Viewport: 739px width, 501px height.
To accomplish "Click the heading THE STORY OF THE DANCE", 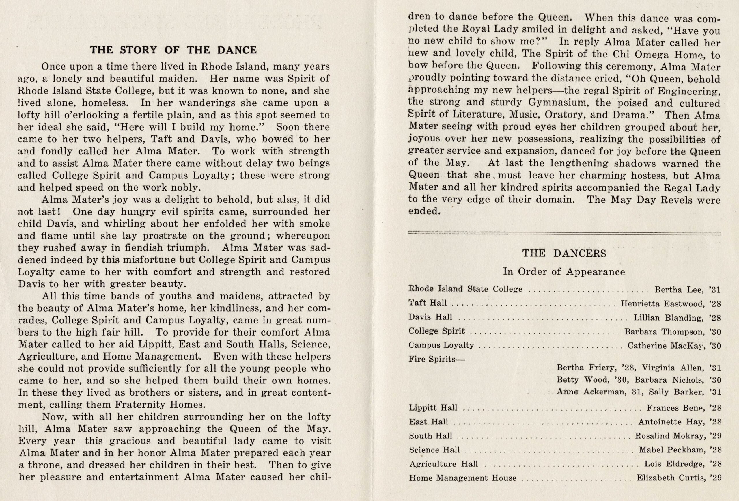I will click(173, 50).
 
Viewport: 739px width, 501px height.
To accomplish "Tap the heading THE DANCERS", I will click(564, 253).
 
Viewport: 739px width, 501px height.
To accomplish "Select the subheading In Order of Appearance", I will click(564, 272).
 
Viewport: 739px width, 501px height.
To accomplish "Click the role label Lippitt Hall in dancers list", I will click(433, 407).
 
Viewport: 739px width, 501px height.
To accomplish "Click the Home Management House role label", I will click(463, 478).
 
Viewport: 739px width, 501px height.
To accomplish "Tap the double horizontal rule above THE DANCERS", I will click(564, 234).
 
